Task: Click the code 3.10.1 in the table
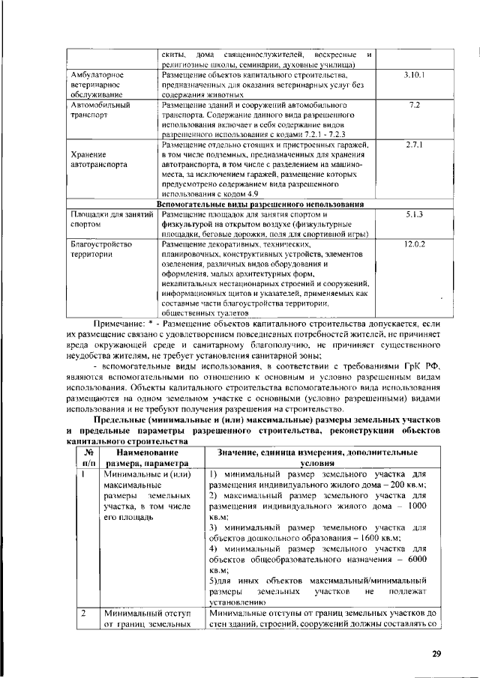[414, 76]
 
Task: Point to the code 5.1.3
[414, 214]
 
